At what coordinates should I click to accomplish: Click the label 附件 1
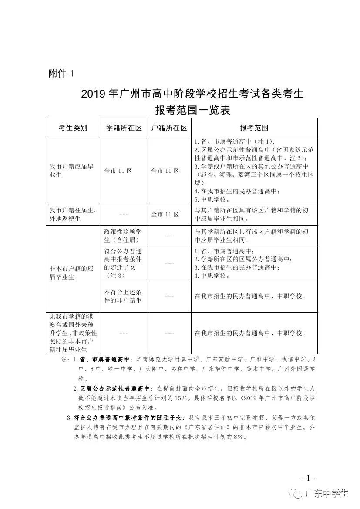coord(61,74)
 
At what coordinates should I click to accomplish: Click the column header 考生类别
coord(73,128)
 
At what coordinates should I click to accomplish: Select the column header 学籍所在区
coord(124,128)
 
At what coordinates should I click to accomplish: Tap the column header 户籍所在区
coord(169,128)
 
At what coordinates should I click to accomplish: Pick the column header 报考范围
coord(254,128)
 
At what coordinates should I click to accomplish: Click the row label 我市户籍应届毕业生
coord(72,170)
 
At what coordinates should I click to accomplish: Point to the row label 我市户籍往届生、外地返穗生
coord(73,214)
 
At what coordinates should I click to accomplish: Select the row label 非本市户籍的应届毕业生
coord(72,273)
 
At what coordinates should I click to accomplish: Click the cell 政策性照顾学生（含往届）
coord(124,236)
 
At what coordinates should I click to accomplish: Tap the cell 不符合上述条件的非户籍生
coord(124,296)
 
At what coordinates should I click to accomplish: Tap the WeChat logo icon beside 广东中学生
coord(297,494)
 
